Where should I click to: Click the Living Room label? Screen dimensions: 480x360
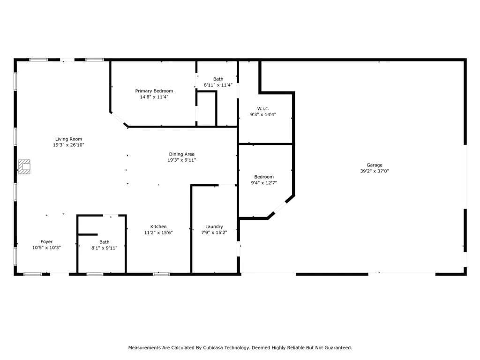(68, 139)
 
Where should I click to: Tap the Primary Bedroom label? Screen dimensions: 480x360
(154, 91)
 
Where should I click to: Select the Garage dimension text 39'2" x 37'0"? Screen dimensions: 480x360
(375, 171)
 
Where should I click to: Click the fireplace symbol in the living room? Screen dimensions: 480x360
(24, 167)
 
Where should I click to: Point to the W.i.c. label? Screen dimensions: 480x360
(263, 109)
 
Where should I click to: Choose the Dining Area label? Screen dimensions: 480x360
(181, 154)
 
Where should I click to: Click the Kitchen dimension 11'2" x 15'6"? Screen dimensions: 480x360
(158, 232)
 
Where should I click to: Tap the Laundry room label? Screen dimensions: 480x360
(214, 227)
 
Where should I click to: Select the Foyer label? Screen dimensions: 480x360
(46, 242)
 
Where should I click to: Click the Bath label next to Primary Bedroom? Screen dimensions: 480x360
(218, 79)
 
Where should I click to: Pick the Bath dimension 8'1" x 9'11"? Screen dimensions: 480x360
(104, 248)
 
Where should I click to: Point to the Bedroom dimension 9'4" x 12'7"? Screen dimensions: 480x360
(264, 183)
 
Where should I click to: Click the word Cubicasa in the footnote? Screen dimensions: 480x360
(213, 348)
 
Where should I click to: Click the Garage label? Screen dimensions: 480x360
(375, 165)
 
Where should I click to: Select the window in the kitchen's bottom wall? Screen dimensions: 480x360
(161, 274)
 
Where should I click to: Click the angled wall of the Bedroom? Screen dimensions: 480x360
(281, 207)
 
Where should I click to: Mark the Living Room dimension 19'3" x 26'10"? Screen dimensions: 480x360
(68, 145)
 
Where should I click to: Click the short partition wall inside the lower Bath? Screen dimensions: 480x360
(88, 235)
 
